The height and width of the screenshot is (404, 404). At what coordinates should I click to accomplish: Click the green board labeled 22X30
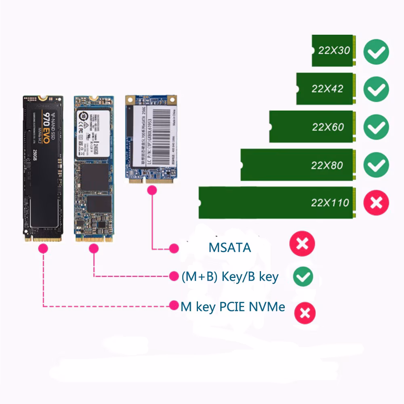point(333,50)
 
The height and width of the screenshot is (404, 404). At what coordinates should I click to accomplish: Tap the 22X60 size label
point(328,127)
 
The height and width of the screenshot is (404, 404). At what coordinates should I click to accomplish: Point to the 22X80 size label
point(327,165)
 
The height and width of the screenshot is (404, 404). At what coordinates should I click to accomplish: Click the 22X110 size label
point(330,202)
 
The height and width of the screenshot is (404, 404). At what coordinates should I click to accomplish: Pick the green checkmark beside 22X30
point(376,51)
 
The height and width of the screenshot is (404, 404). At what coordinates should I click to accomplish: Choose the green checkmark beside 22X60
point(376,127)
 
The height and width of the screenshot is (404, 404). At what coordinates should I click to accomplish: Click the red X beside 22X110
point(376,202)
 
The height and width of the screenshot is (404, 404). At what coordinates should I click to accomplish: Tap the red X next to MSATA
point(302,244)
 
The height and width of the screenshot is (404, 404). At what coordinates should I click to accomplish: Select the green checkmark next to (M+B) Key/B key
point(303,276)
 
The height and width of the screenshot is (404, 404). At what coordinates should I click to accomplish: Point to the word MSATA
point(229,247)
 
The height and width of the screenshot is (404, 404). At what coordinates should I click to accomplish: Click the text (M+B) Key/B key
point(230,277)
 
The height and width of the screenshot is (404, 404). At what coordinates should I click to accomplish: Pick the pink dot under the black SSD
point(42,250)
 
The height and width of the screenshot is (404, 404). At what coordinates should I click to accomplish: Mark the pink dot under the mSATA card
point(152,193)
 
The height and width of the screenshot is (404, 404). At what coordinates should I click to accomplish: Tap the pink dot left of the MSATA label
point(174,248)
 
